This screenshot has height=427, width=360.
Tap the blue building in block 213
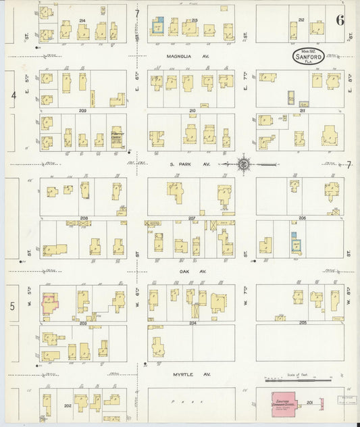(x=158, y=26)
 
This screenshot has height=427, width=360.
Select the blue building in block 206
(x=294, y=243)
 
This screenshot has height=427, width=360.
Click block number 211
(x=301, y=110)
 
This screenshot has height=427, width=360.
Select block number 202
(x=68, y=405)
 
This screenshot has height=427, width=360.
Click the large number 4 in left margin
(x=13, y=96)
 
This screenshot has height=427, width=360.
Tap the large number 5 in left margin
(x=13, y=306)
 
